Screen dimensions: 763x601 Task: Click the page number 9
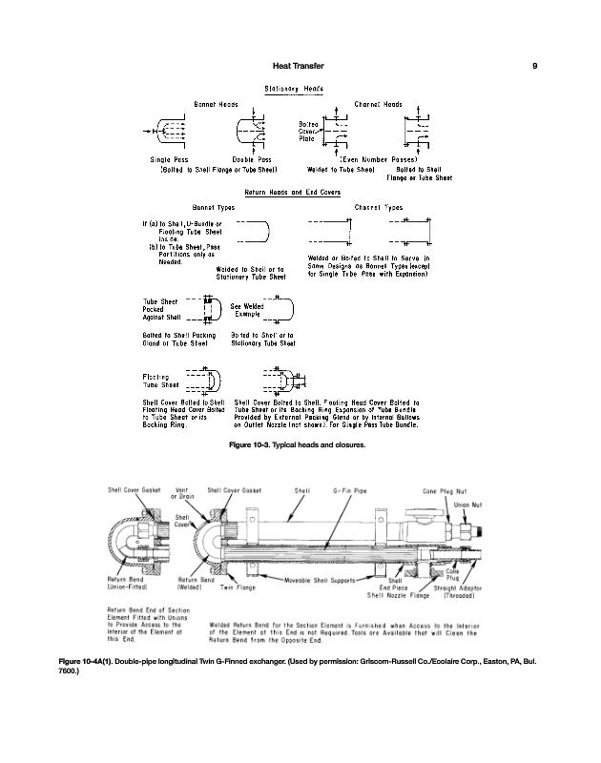pos(535,66)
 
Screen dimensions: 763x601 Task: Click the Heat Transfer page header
pos(299,66)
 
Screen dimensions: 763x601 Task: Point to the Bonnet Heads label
pos(216,103)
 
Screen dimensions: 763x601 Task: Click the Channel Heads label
pos(378,103)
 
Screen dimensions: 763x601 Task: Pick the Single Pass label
pos(168,161)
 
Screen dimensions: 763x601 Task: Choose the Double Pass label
pos(252,161)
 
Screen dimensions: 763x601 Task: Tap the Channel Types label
pos(378,206)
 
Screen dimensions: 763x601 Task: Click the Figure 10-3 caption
pos(300,445)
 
